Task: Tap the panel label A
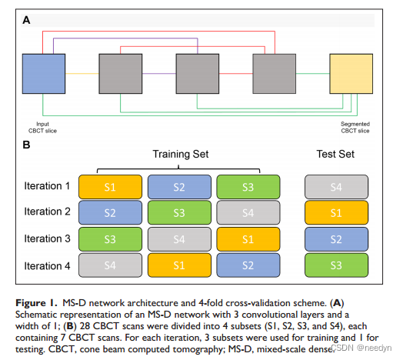(28, 19)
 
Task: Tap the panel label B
(28, 143)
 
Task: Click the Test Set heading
(336, 155)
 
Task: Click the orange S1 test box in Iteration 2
(336, 212)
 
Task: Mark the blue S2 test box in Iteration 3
(336, 239)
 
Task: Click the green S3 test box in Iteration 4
(336, 266)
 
